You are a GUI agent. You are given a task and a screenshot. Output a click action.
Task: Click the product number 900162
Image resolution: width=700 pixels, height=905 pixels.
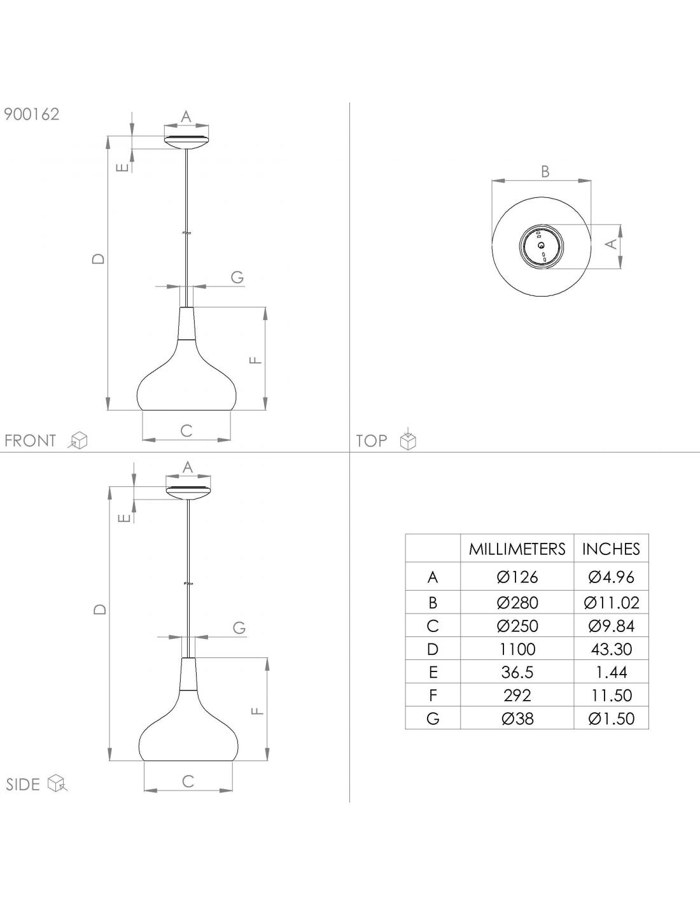pos(32,115)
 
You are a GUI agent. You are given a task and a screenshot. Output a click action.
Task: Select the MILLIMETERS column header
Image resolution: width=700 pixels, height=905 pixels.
pos(517,549)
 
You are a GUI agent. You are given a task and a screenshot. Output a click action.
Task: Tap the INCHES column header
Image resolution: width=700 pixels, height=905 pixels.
pos(611,549)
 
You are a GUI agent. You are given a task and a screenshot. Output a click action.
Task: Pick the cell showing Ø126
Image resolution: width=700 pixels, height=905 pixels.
pos(517,577)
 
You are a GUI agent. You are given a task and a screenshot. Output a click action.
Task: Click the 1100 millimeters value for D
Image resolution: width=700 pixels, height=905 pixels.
pos(517,649)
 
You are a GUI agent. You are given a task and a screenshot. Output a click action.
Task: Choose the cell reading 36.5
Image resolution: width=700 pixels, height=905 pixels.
pos(517,672)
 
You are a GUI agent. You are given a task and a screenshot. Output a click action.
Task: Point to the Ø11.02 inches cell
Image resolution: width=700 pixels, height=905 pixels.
pos(612,603)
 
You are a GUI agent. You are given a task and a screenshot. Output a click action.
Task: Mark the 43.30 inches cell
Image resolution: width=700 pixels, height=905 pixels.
pos(612,649)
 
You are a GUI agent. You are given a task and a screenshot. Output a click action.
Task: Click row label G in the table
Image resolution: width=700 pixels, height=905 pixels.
pos(433,719)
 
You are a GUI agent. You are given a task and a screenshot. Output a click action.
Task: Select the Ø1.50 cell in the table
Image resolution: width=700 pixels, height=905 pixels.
pos(612,719)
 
